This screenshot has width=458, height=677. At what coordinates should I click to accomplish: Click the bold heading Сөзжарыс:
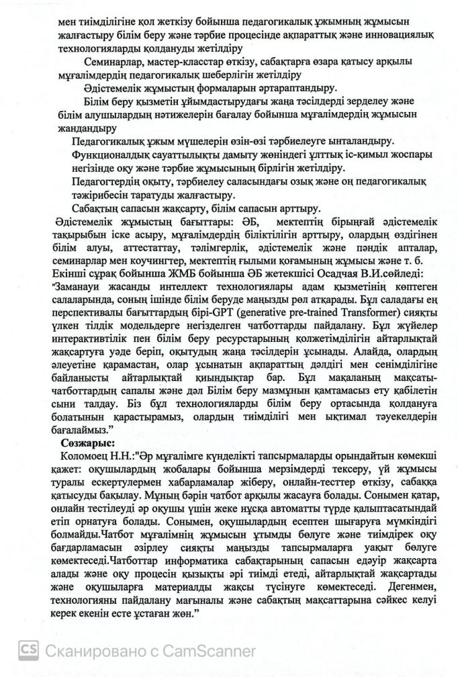(x=87, y=443)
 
